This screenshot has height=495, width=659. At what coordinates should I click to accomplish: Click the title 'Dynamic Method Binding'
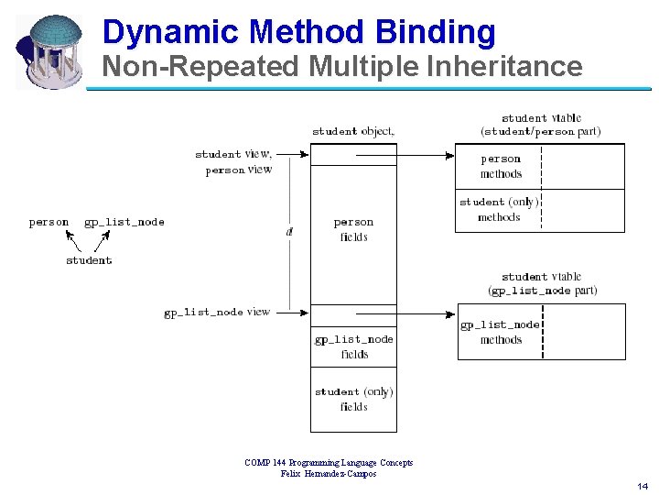(298, 31)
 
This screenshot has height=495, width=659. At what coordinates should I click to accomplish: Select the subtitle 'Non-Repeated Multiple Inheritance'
(340, 67)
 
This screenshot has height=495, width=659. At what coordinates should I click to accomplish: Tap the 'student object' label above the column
(353, 131)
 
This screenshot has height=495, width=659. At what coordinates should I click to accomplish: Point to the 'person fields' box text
(353, 229)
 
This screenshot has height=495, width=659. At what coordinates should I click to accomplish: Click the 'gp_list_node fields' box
(353, 346)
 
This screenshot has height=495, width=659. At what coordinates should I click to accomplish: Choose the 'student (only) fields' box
(353, 399)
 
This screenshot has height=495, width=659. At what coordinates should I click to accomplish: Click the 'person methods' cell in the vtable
(501, 166)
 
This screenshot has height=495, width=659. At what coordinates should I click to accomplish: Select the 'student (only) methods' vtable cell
(499, 209)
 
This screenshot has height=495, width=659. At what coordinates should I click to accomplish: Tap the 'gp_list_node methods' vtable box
(501, 332)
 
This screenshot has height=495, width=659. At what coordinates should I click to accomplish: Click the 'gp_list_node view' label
(217, 313)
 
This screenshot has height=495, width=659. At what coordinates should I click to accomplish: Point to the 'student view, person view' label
(233, 161)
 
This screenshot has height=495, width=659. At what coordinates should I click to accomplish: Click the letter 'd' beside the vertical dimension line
(289, 232)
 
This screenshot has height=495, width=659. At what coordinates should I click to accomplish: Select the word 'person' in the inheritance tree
(49, 223)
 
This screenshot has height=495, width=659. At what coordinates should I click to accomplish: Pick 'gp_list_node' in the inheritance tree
(124, 223)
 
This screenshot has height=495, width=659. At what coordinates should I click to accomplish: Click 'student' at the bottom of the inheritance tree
(89, 260)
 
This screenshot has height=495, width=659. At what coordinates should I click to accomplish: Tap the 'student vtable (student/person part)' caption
(541, 125)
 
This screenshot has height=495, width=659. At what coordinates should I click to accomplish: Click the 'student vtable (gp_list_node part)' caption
(542, 283)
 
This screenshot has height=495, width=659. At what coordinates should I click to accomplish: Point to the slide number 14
(641, 485)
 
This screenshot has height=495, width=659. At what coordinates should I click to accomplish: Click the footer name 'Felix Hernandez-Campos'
(329, 473)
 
